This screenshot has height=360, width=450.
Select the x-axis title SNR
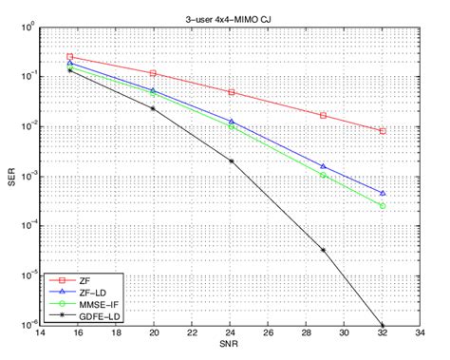[233, 352]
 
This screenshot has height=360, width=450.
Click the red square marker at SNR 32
[383, 131]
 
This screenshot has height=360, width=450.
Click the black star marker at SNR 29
[324, 251]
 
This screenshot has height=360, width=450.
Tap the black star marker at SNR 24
[232, 161]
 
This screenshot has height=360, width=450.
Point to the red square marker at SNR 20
[154, 73]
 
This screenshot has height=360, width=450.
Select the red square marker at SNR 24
[232, 92]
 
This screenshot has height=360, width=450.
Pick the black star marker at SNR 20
[154, 108]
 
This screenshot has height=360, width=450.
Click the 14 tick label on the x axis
[39, 336]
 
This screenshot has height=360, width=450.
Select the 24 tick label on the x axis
[230, 336]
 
